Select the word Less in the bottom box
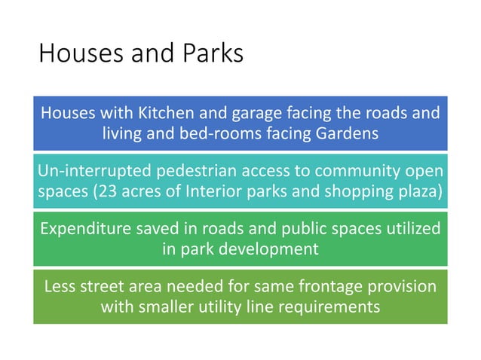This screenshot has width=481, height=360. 60,287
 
